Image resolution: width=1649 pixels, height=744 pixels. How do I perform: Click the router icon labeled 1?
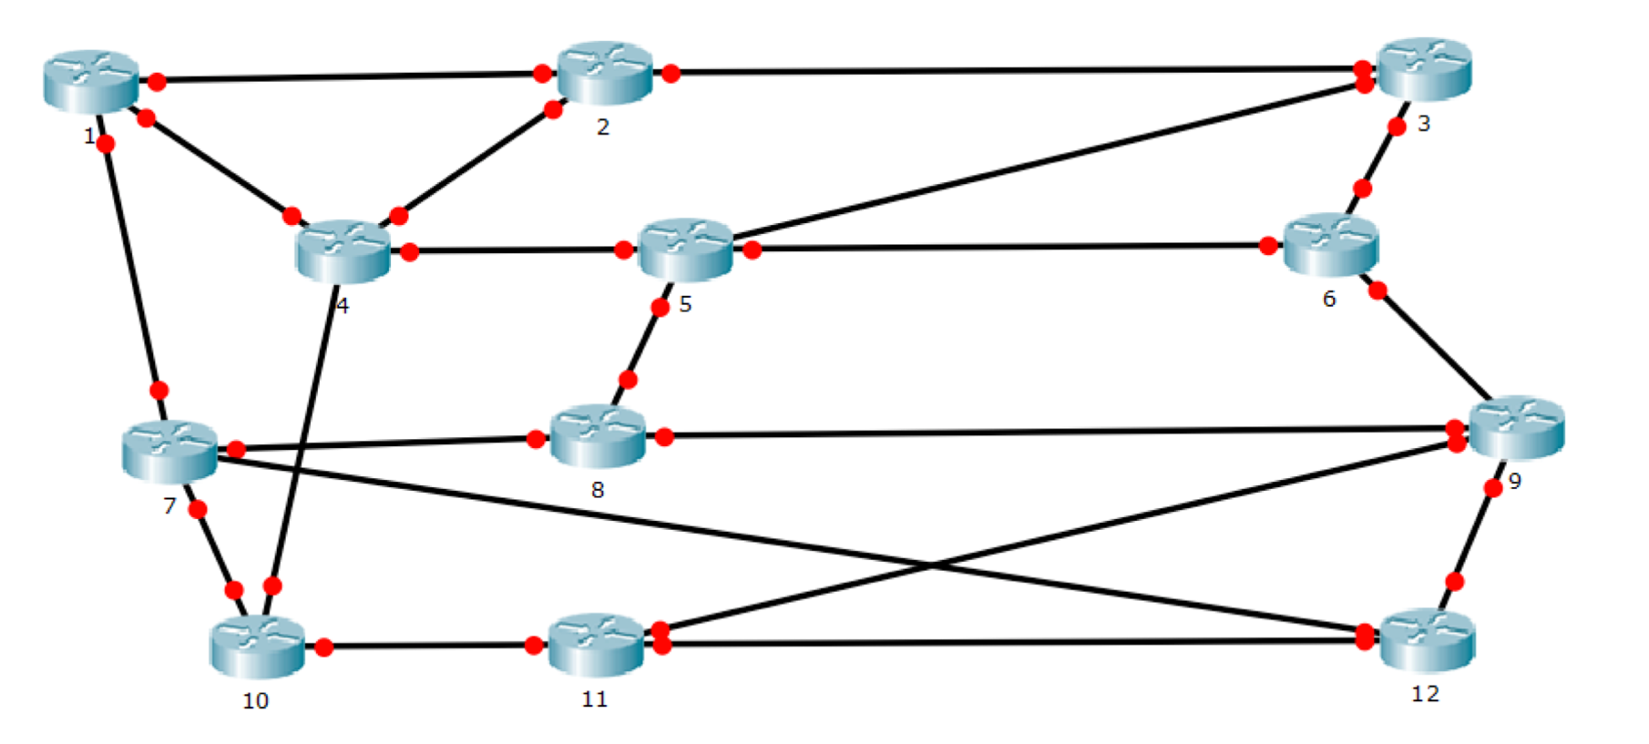click(x=91, y=81)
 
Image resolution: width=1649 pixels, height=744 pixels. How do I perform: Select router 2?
click(x=605, y=72)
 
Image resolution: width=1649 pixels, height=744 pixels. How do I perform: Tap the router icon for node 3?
click(x=1425, y=68)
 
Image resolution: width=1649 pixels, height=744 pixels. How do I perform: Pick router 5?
click(x=686, y=248)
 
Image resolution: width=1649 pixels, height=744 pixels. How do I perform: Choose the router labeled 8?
click(x=598, y=436)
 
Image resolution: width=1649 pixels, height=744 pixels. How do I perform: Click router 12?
click(x=1427, y=639)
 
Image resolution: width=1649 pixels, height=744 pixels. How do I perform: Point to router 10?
click(x=257, y=646)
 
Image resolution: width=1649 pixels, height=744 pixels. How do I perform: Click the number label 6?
click(x=1329, y=299)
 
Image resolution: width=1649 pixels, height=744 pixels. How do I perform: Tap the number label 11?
click(x=594, y=698)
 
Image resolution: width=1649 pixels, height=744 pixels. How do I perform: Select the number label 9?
click(x=1514, y=481)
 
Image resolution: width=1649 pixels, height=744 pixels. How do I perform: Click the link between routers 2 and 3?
click(x=1011, y=70)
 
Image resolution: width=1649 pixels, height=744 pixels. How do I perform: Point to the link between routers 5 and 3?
click(x=1048, y=164)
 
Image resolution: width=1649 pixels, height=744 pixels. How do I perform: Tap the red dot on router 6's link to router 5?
click(x=1268, y=246)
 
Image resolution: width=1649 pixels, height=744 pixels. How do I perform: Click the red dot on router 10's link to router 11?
click(x=324, y=647)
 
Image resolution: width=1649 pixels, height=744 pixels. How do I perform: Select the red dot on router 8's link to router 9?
click(x=664, y=437)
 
